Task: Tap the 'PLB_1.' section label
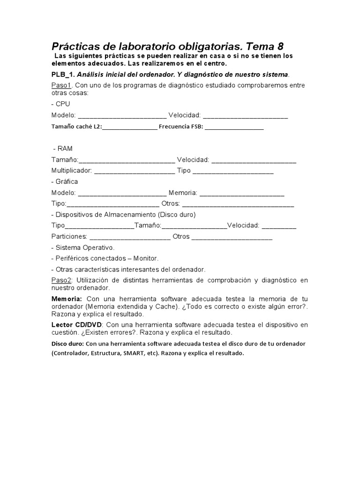(63, 75)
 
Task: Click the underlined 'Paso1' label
(60, 85)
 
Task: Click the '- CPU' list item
(60, 104)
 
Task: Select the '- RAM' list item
(63, 149)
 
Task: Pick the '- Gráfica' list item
(65, 181)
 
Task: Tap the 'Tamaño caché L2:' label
(76, 127)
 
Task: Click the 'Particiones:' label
(69, 236)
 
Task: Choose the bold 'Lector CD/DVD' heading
(77, 325)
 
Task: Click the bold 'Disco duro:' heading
(68, 344)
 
